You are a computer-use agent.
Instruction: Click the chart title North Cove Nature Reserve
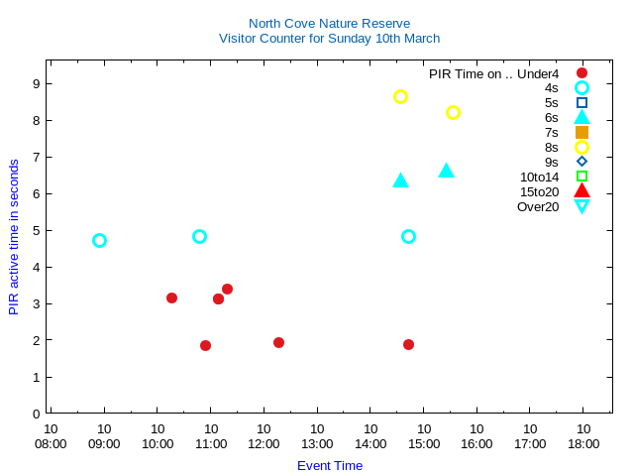[329, 23]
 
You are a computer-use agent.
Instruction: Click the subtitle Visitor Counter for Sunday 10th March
[329, 39]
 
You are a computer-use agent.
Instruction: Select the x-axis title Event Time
[329, 465]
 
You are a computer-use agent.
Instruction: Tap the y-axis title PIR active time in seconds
[14, 236]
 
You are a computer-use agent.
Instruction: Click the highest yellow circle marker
[400, 96]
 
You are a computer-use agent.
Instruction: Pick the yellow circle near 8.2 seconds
[453, 112]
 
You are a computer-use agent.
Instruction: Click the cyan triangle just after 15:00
[446, 171]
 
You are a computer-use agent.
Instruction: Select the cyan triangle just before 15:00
[400, 180]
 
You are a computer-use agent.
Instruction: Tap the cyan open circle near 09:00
[99, 240]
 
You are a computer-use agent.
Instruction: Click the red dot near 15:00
[408, 344]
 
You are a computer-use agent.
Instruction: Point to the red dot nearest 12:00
[278, 342]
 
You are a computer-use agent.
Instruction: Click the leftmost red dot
[171, 297]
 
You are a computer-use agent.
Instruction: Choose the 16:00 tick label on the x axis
[476, 436]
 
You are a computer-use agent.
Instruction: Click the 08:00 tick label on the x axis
[51, 436]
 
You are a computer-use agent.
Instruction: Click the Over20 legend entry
[538, 206]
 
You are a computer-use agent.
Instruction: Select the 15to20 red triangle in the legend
[581, 191]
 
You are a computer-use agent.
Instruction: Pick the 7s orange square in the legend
[581, 132]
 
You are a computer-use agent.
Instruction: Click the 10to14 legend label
[539, 177]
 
